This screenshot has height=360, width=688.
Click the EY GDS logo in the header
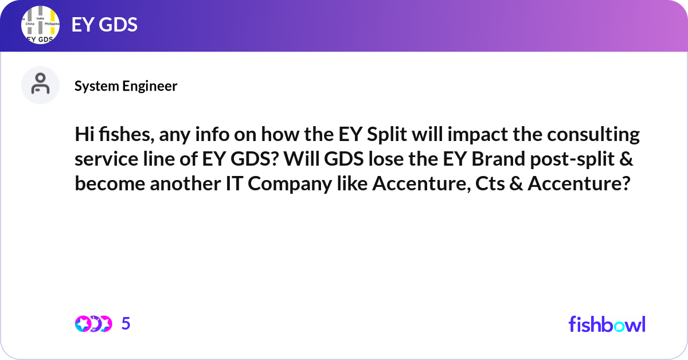(40, 26)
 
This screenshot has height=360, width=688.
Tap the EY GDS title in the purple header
(104, 25)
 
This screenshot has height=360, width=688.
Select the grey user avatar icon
(40, 85)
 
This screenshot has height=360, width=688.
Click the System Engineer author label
(126, 86)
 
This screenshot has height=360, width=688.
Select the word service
(101, 160)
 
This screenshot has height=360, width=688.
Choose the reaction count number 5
(126, 324)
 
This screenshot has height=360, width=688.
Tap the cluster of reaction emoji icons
(93, 324)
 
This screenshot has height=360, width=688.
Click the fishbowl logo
(607, 324)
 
